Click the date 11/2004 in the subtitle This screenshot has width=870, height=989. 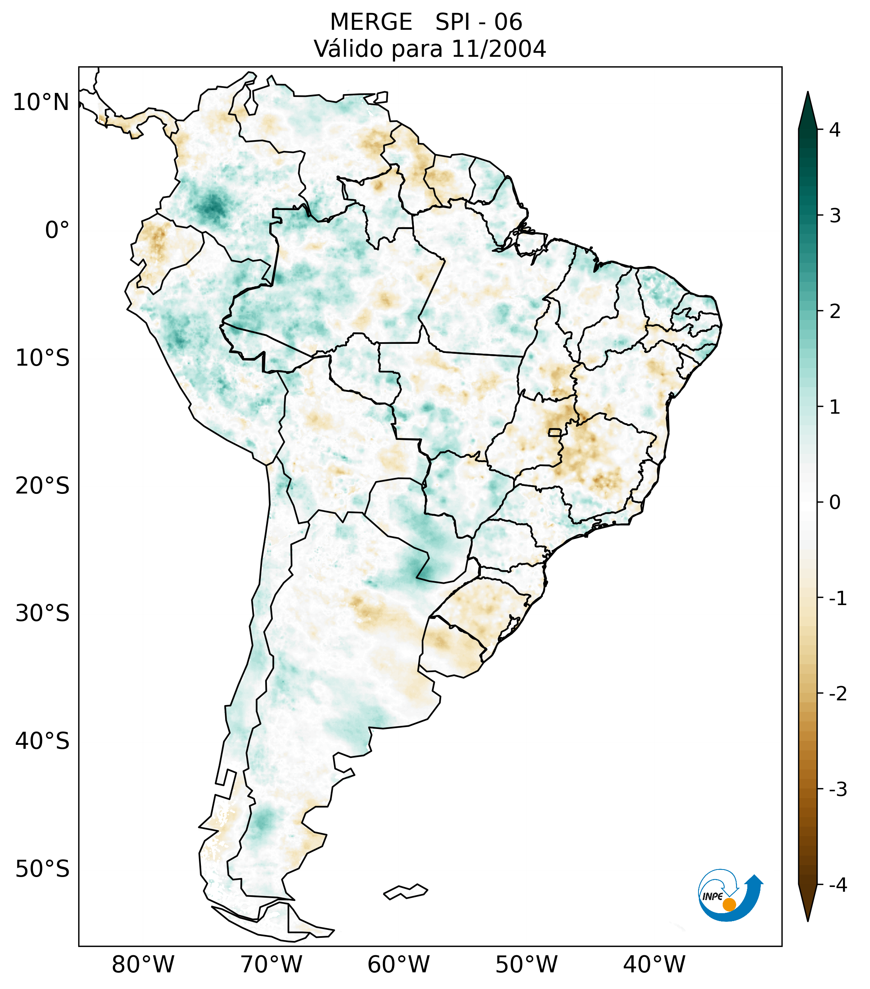click(498, 49)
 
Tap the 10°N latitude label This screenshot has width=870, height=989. click(41, 102)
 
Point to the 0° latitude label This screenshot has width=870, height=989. click(57, 230)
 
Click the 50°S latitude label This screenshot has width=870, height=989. click(42, 869)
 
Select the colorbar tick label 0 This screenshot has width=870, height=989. click(835, 502)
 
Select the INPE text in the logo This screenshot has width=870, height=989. click(712, 896)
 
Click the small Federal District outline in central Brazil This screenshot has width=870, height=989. click(555, 432)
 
